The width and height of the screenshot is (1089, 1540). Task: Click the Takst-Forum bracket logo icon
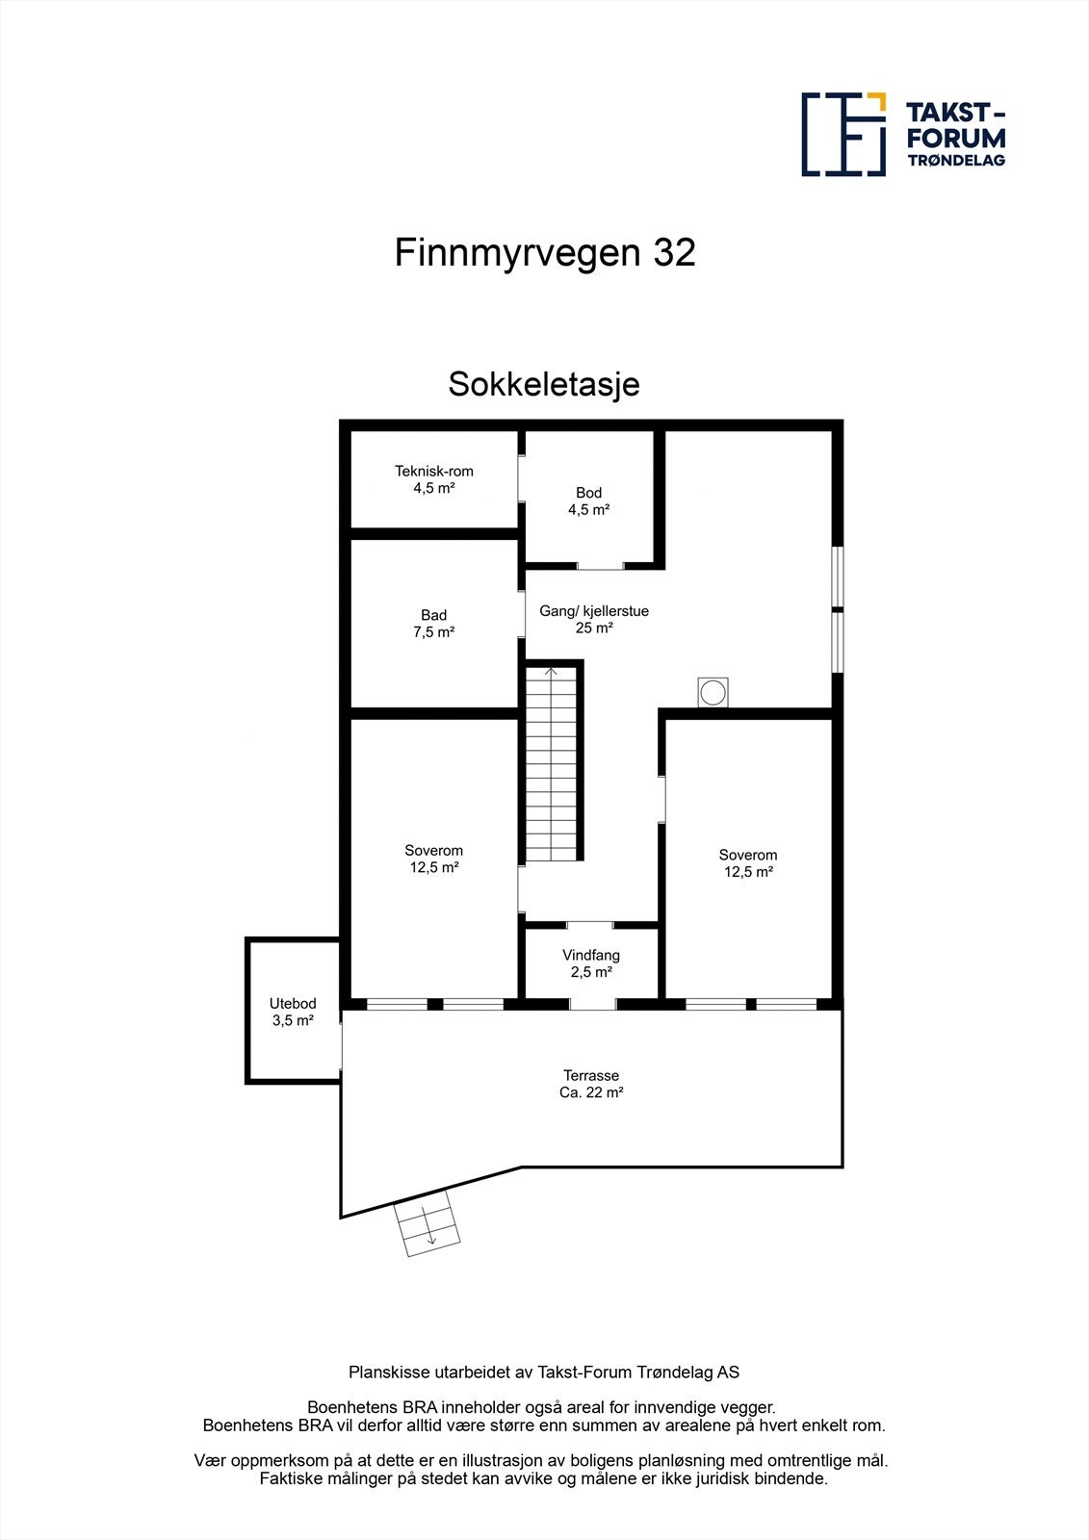(843, 135)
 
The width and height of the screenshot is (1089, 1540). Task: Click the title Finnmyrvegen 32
(544, 253)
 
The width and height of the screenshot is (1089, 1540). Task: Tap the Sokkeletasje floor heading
(544, 384)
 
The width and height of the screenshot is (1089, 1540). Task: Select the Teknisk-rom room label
(434, 479)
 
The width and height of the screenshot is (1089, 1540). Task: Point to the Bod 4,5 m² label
(588, 500)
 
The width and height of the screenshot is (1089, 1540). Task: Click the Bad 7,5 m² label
(434, 624)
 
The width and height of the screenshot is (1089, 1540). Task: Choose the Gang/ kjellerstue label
(594, 619)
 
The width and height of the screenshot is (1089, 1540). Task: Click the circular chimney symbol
(713, 692)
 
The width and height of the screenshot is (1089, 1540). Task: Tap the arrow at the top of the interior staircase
(552, 672)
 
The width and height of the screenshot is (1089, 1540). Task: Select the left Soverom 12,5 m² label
(434, 859)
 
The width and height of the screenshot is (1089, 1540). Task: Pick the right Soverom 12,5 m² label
(748, 863)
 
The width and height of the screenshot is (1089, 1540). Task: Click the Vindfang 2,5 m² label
(591, 963)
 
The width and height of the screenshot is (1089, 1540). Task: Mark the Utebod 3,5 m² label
(293, 1012)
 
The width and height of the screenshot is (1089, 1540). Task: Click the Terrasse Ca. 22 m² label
(591, 1084)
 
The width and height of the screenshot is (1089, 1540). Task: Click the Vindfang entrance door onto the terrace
(592, 1004)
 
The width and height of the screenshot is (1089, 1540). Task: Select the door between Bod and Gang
(600, 566)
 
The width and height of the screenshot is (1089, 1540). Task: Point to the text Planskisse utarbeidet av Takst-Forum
(544, 1372)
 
